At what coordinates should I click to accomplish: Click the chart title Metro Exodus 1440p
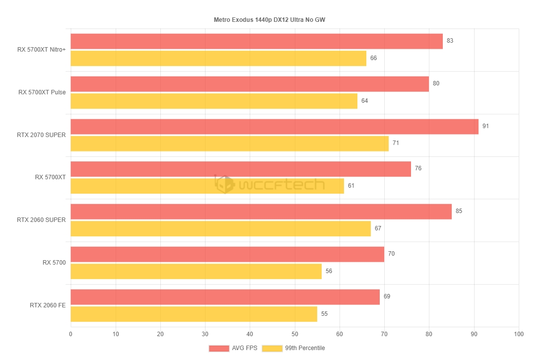pyautogui.click(x=276, y=20)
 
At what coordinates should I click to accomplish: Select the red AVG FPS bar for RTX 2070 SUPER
pyautogui.click(x=274, y=127)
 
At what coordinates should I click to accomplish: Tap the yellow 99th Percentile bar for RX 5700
pyautogui.click(x=196, y=271)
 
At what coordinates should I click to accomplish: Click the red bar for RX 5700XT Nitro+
pyautogui.click(x=256, y=41)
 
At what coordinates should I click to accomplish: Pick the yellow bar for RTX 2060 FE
pyautogui.click(x=194, y=314)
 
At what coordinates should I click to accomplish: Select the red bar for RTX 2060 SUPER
pyautogui.click(x=261, y=212)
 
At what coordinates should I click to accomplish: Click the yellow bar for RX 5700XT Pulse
pyautogui.click(x=213, y=101)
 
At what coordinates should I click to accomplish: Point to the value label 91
pyautogui.click(x=485, y=126)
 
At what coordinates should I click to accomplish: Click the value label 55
pyautogui.click(x=324, y=314)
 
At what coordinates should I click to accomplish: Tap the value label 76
pyautogui.click(x=418, y=168)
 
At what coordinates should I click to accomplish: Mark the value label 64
pyautogui.click(x=365, y=101)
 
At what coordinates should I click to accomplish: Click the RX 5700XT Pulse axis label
pyautogui.click(x=42, y=92)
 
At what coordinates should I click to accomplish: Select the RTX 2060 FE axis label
pyautogui.click(x=47, y=305)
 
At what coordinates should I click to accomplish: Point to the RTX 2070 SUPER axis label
pyautogui.click(x=41, y=135)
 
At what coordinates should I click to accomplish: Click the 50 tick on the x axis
pyautogui.click(x=294, y=334)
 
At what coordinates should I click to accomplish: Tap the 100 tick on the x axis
pyautogui.click(x=519, y=334)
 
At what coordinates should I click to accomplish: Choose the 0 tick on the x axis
pyautogui.click(x=70, y=334)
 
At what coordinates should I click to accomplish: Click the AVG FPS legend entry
pyautogui.click(x=233, y=348)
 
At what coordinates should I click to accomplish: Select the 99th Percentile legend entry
pyautogui.click(x=293, y=348)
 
